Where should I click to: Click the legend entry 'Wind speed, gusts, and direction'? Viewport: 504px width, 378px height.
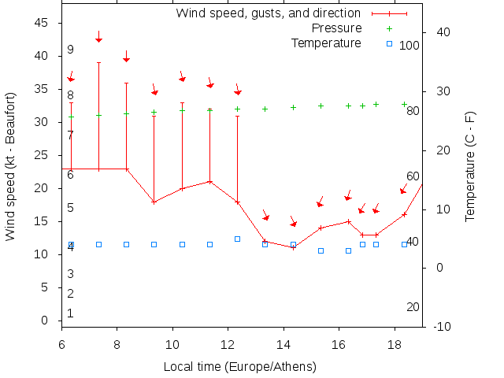(268, 13)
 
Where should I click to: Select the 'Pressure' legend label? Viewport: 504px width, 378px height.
(337, 28)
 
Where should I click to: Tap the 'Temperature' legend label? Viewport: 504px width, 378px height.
(326, 43)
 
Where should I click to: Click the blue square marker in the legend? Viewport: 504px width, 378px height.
(389, 43)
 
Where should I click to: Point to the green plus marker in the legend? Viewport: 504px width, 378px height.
(389, 28)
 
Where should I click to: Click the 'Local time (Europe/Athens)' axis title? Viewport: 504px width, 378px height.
(239, 367)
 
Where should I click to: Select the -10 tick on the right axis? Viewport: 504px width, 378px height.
(443, 327)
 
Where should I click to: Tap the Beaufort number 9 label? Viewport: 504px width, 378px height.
(70, 50)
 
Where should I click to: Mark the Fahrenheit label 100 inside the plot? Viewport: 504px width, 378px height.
(409, 46)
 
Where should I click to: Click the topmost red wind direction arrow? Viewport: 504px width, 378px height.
(98, 37)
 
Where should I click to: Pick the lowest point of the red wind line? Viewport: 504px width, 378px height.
(293, 247)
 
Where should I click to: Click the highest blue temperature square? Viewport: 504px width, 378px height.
(237, 239)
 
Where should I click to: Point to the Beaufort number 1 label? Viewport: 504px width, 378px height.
(70, 313)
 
